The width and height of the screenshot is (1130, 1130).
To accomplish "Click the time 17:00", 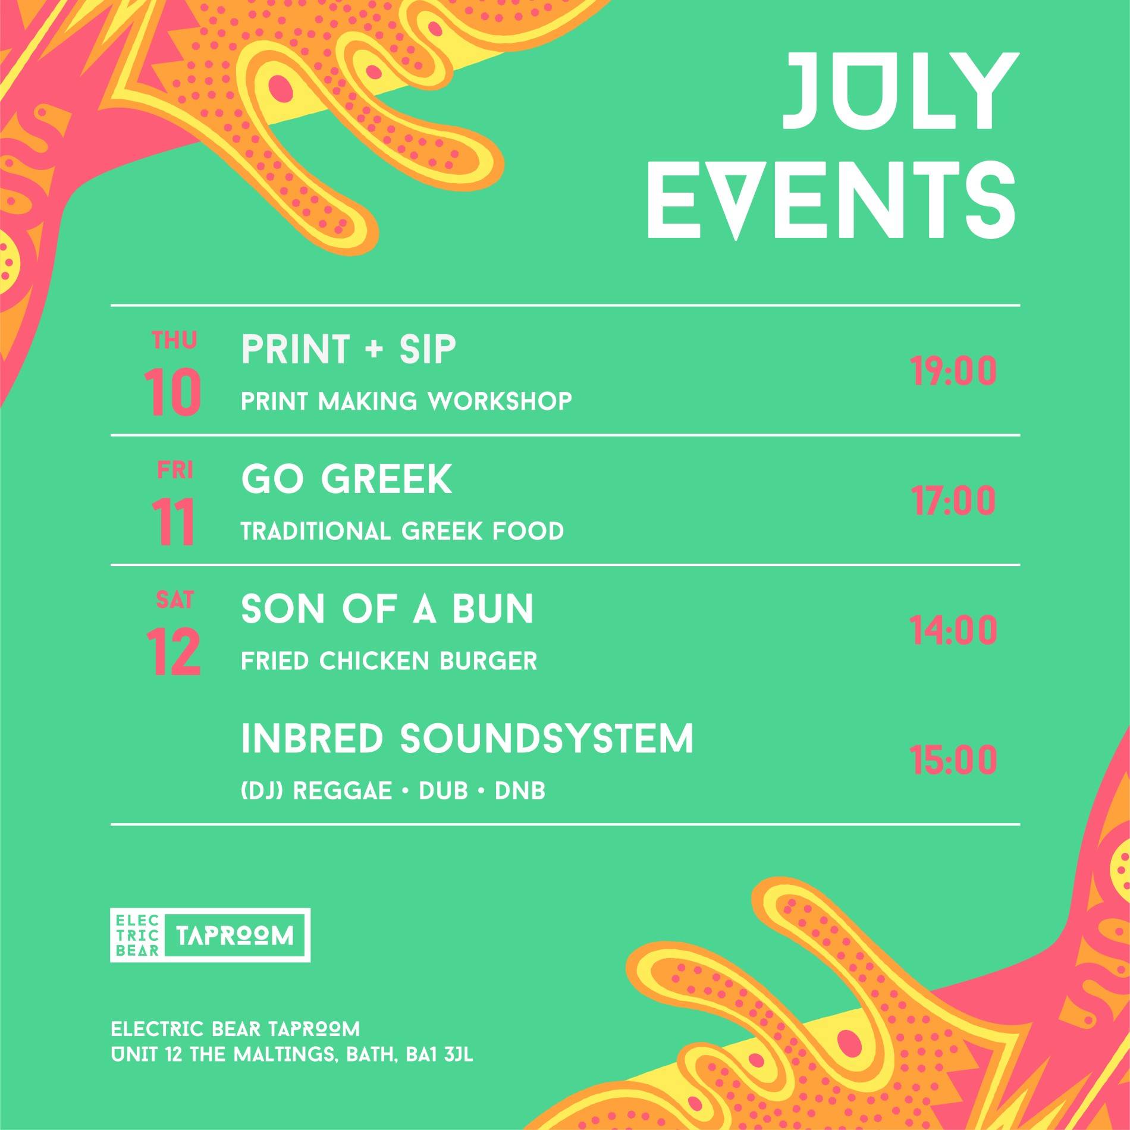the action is [953, 501].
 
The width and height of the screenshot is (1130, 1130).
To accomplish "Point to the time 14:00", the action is [953, 630].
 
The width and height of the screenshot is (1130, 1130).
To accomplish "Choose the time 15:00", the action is [953, 760].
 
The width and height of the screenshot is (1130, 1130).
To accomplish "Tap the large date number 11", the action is [173, 522].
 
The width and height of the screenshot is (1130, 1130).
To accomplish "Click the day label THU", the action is [174, 340].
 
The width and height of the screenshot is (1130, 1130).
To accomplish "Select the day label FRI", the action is [175, 470].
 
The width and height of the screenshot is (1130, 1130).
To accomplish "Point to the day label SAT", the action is [174, 599].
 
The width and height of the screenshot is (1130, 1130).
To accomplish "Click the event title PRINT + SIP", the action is [349, 349].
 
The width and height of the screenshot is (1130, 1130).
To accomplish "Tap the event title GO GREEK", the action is [347, 479].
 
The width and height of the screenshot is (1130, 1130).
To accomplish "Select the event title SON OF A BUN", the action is [387, 609].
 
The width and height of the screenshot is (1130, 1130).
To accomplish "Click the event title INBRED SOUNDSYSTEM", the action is [467, 739].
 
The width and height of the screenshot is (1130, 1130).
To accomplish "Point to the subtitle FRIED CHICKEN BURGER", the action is [389, 661].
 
